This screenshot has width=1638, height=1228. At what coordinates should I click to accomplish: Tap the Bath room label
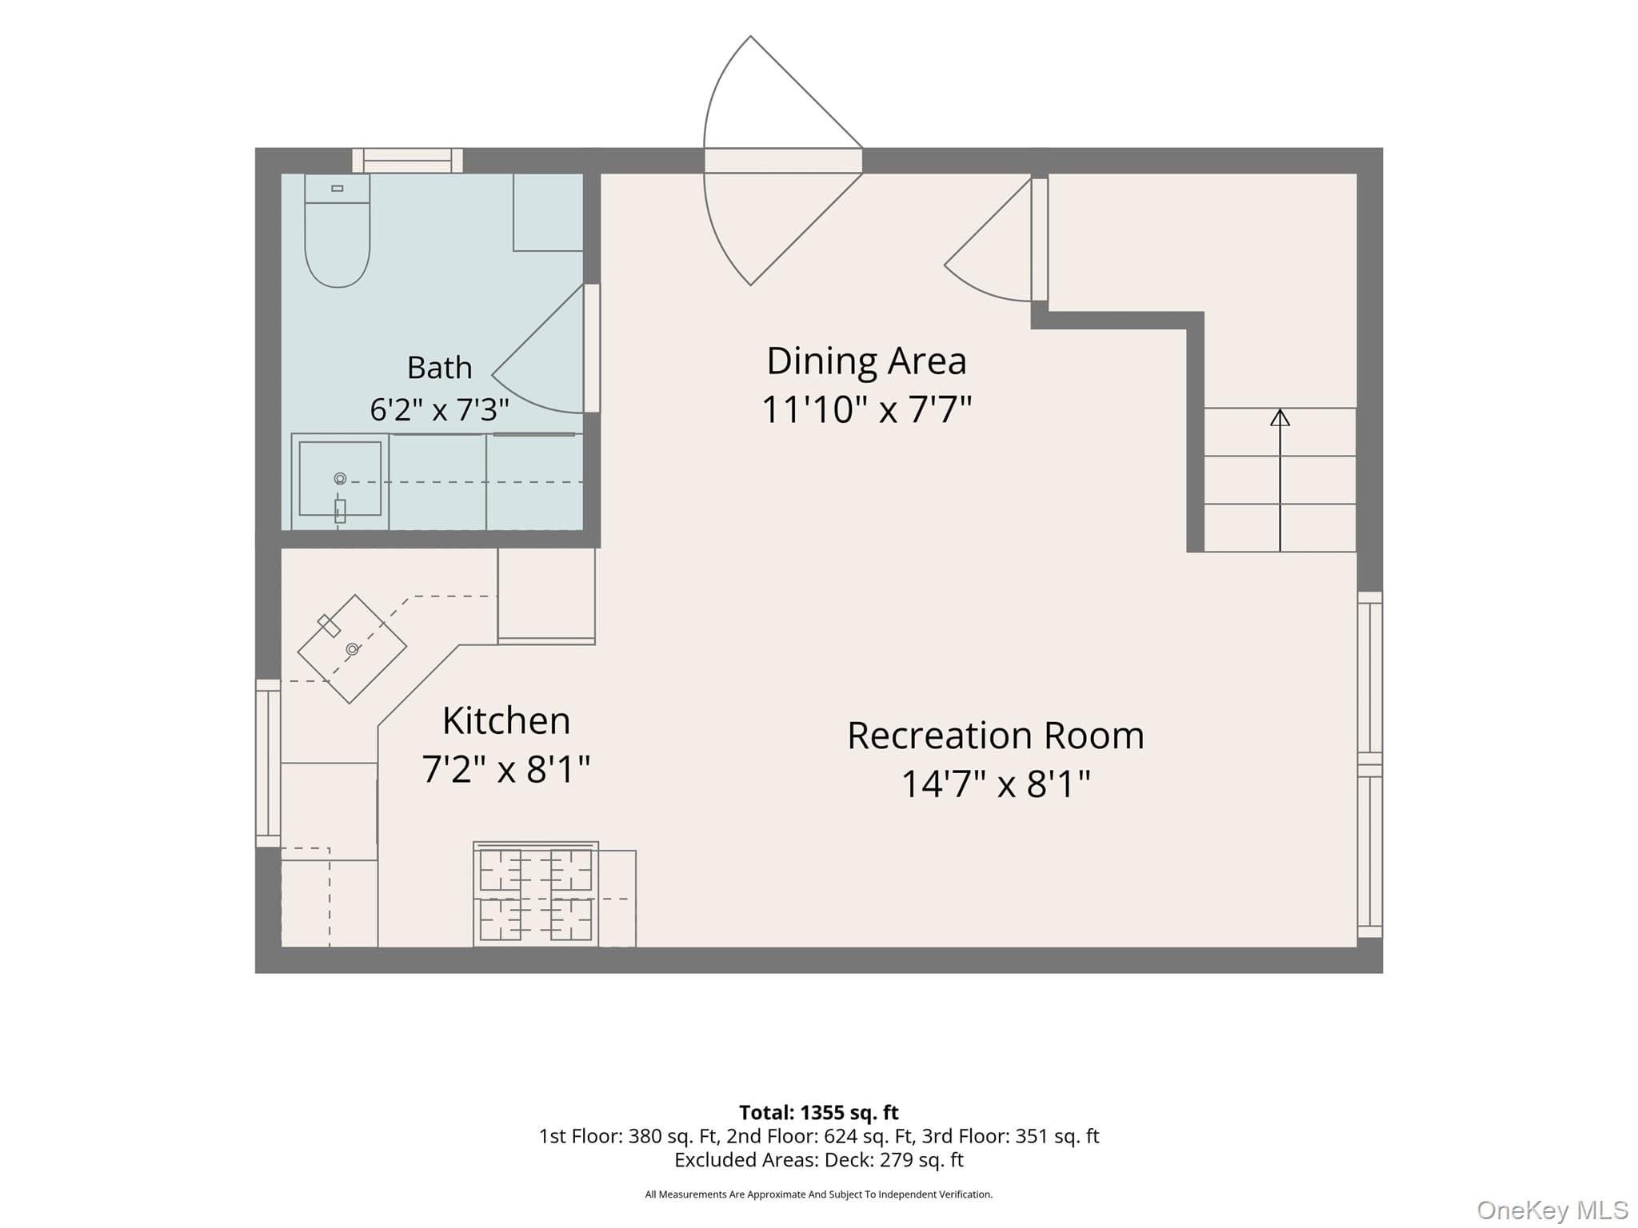[439, 368]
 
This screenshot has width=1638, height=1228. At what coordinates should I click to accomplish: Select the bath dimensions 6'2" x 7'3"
[439, 410]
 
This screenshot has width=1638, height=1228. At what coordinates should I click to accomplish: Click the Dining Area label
[866, 361]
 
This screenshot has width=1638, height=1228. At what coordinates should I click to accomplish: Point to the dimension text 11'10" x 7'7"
[866, 409]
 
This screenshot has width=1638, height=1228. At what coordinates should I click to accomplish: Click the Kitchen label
[506, 720]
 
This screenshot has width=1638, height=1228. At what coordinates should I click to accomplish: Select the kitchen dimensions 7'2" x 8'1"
[506, 769]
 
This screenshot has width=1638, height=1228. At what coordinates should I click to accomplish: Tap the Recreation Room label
[996, 736]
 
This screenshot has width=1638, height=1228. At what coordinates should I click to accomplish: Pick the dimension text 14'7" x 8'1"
[996, 783]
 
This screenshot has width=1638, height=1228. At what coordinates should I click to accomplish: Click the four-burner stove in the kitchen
[536, 894]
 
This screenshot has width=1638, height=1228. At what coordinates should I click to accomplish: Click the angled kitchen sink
[352, 649]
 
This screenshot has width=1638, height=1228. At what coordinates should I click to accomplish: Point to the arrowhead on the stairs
[1280, 417]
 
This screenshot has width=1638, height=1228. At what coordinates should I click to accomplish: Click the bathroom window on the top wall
[408, 161]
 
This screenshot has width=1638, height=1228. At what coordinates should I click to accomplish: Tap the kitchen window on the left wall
[268, 763]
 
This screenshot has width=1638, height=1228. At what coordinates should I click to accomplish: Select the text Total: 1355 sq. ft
[819, 1112]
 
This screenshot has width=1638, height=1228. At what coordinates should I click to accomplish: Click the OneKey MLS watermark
[1552, 1210]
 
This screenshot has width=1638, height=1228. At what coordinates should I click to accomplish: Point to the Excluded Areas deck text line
[819, 1159]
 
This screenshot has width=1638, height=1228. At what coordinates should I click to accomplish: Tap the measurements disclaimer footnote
[819, 1194]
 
